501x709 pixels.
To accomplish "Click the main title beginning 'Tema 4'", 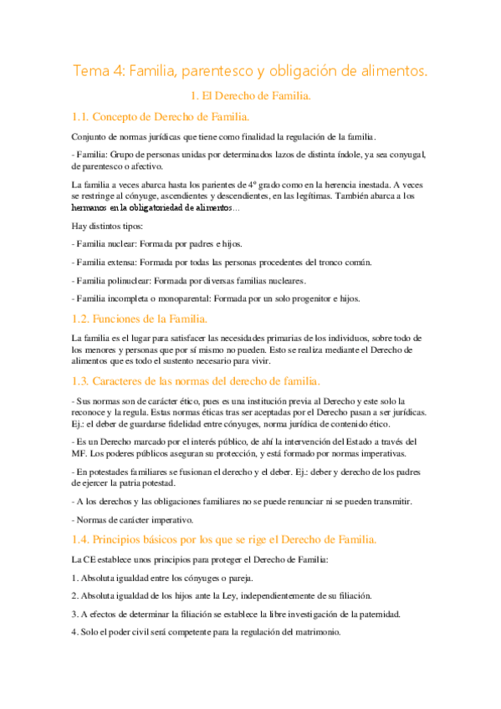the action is (x=250, y=72).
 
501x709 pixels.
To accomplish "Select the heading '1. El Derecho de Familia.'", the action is (x=250, y=96).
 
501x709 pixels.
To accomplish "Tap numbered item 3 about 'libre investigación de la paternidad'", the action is (x=236, y=614).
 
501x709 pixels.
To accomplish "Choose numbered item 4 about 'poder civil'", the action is (x=206, y=632).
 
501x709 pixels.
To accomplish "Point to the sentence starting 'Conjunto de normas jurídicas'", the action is (x=224, y=136).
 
